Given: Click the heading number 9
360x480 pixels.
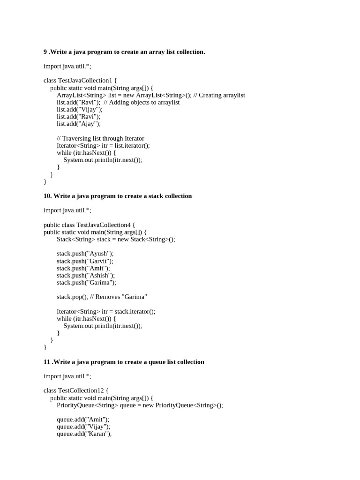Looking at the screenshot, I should pyautogui.click(x=45, y=52).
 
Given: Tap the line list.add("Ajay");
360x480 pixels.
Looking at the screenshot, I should pyautogui.click(x=79, y=124).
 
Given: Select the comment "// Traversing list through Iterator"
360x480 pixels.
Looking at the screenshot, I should pyautogui.click(x=100, y=138).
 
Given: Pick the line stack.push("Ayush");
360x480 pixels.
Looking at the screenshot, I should pyautogui.click(x=85, y=254).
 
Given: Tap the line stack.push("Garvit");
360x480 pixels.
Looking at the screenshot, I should pyautogui.click(x=85, y=261).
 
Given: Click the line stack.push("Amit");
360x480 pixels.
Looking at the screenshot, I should pyautogui.click(x=83, y=268).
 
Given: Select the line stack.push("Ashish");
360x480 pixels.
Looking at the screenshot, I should pyautogui.click(x=85, y=275).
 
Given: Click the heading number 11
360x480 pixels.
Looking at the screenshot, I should pyautogui.click(x=47, y=362).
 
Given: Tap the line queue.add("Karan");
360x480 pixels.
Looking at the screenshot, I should pyautogui.click(x=84, y=434).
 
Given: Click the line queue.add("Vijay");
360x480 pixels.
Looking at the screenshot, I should pyautogui.click(x=83, y=427).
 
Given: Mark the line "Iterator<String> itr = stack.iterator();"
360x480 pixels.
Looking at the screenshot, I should pyautogui.click(x=106, y=311).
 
